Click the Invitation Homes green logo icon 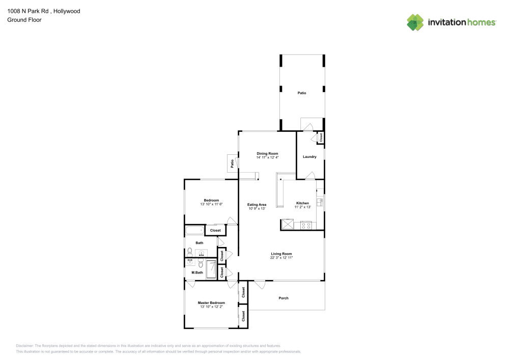coord(415,22)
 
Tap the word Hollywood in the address coord(67,11)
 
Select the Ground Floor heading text coord(24,20)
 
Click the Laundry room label coord(309,157)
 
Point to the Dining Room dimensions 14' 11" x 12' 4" coord(267,157)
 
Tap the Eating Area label coord(257,205)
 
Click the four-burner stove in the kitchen coord(306,225)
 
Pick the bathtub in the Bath coord(195,231)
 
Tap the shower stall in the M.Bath coord(211,269)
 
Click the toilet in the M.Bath coord(201,263)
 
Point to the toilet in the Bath coord(189,252)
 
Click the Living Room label coord(281,254)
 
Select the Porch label coord(284,298)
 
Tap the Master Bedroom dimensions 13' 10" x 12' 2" coord(211,307)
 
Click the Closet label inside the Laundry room coord(321,137)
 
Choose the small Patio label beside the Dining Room coord(232,163)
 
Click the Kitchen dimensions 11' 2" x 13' coord(302,207)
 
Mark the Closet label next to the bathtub coord(215,231)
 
